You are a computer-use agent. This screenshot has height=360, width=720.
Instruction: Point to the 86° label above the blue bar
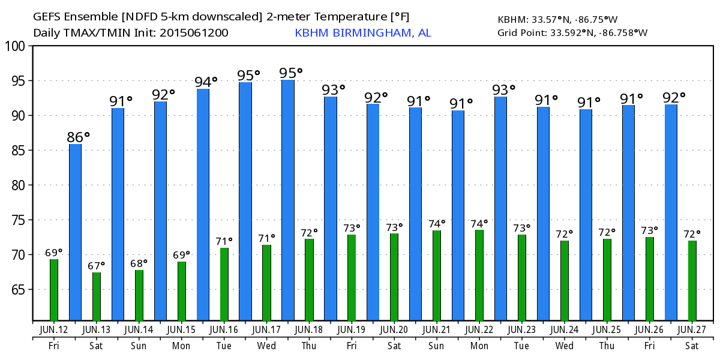click(x=79, y=137)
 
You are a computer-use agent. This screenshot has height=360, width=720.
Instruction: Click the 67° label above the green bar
click(x=97, y=265)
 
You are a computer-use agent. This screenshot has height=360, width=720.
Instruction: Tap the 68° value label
click(x=139, y=263)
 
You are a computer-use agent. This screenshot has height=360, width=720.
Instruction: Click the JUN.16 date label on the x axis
click(x=224, y=329)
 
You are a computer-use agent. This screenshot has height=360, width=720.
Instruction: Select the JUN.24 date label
click(x=565, y=329)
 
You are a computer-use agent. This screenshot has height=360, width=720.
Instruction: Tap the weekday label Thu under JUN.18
click(x=309, y=346)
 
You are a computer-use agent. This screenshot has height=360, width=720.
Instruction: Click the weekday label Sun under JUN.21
click(x=437, y=346)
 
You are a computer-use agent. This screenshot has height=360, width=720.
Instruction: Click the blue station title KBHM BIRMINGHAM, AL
click(x=362, y=33)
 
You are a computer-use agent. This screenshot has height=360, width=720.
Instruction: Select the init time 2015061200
click(x=194, y=33)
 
